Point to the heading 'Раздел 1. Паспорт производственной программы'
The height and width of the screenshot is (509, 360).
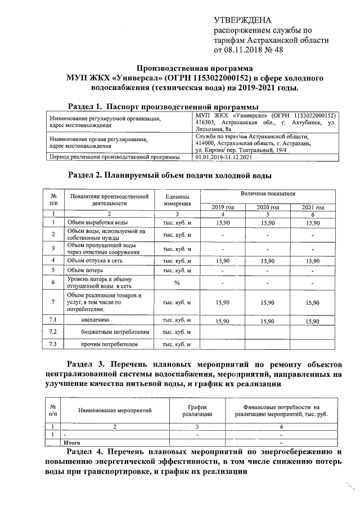[163, 106]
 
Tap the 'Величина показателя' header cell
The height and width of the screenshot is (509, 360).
[267, 193]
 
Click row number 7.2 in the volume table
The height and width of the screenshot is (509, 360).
[53, 332]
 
